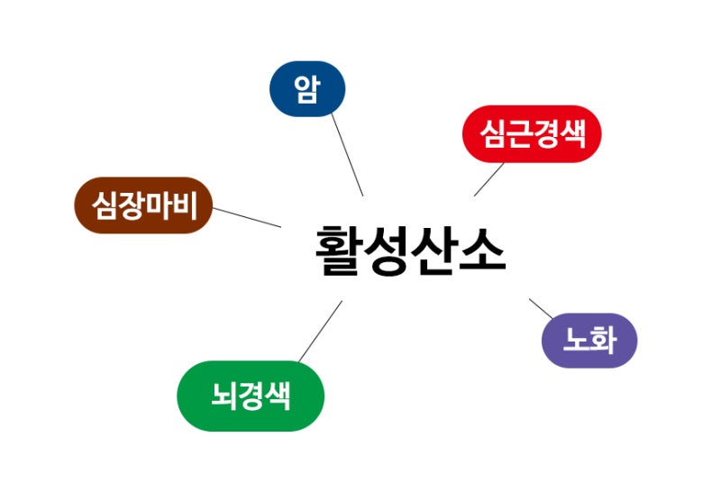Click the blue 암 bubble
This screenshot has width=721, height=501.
point(307,88)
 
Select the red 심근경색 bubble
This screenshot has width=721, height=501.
point(532,133)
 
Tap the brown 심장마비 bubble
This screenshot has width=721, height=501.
point(143,205)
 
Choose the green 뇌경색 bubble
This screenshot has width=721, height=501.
point(251,396)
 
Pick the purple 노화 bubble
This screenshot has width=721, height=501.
point(589,341)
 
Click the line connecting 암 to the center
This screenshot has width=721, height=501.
point(347,155)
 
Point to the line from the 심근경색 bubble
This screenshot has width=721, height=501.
point(488,179)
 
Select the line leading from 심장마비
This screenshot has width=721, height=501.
point(247,217)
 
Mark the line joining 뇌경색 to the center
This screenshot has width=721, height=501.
point(321,332)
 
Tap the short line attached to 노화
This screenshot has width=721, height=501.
point(541,308)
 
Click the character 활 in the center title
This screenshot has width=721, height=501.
point(338,250)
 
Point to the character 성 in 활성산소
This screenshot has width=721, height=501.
point(387,250)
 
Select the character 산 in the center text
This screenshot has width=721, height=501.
point(434,250)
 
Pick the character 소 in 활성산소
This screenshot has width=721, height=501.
point(482,250)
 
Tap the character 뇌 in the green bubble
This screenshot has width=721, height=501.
point(224,396)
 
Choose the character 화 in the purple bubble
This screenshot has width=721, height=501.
point(603,341)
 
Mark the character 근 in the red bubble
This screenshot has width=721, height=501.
point(520,134)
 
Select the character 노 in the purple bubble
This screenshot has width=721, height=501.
point(577,341)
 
